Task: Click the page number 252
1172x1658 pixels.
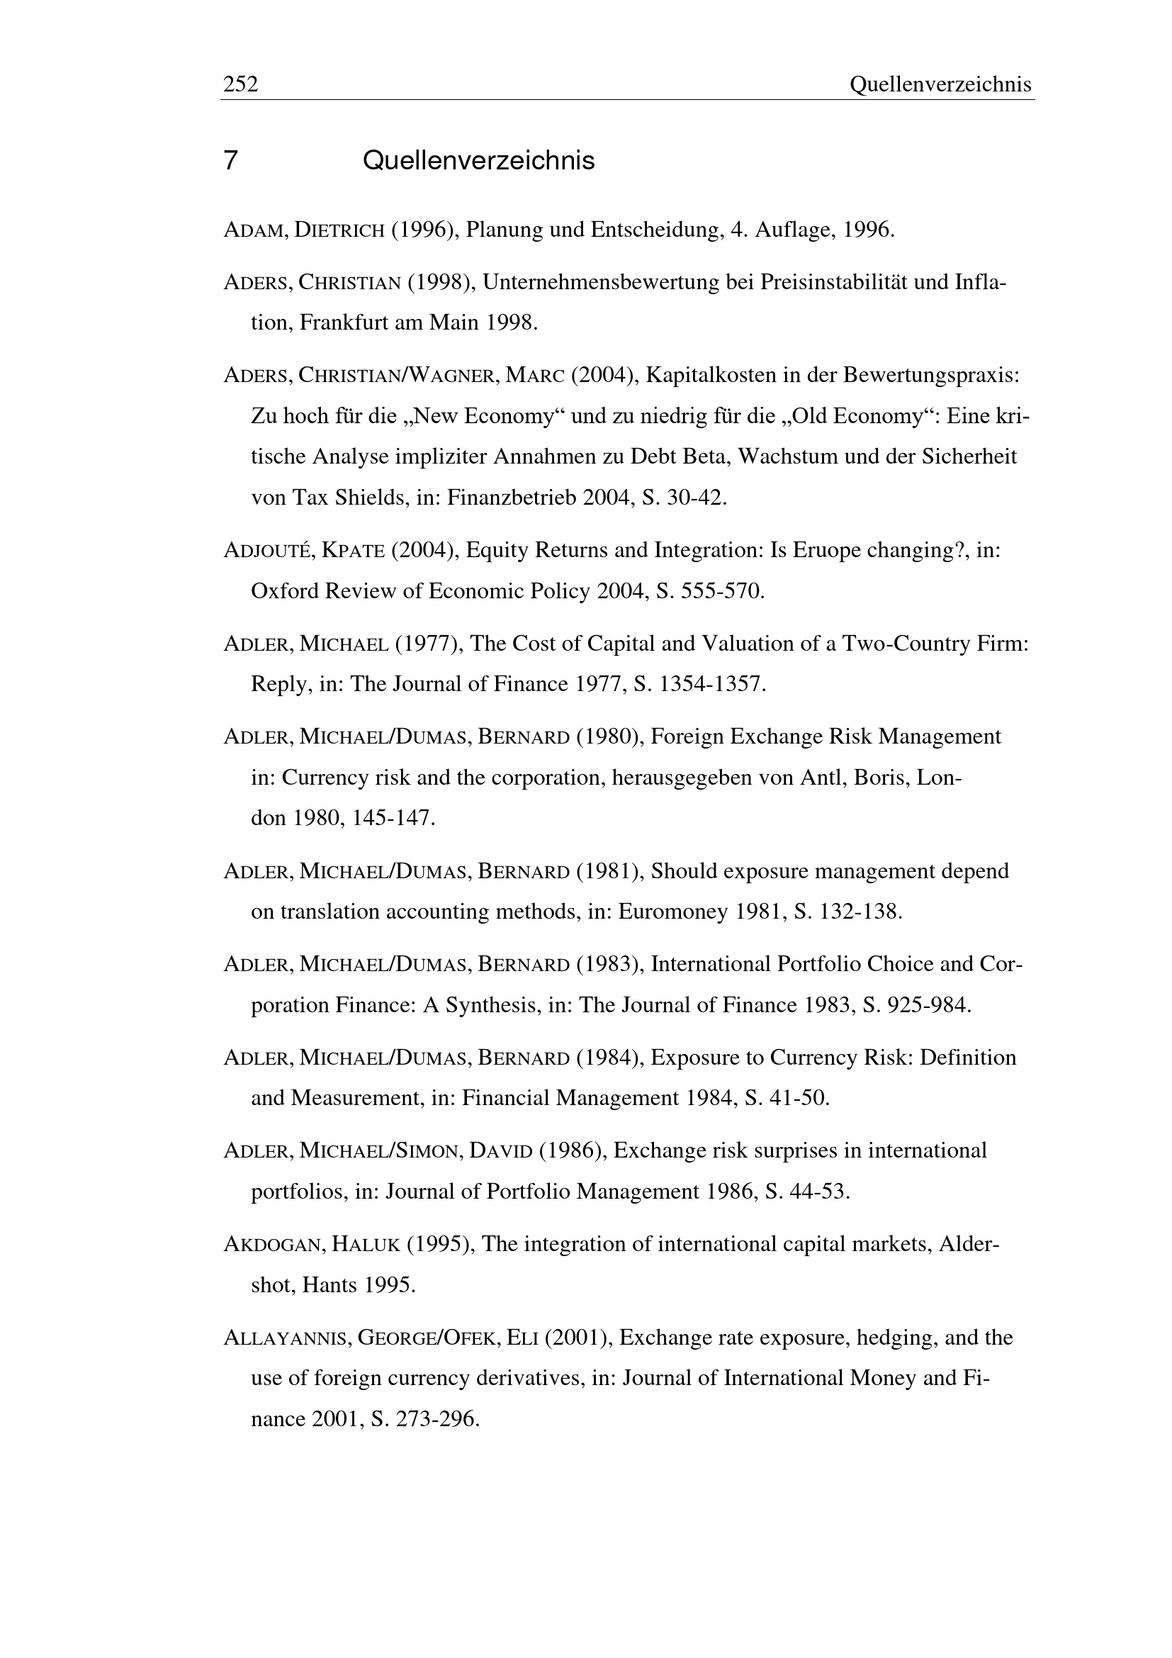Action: point(240,85)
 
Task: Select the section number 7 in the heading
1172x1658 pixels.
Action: point(230,160)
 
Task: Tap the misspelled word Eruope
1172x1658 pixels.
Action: point(826,550)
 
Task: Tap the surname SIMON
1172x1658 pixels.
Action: point(429,1150)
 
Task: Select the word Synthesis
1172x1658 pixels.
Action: point(492,1004)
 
